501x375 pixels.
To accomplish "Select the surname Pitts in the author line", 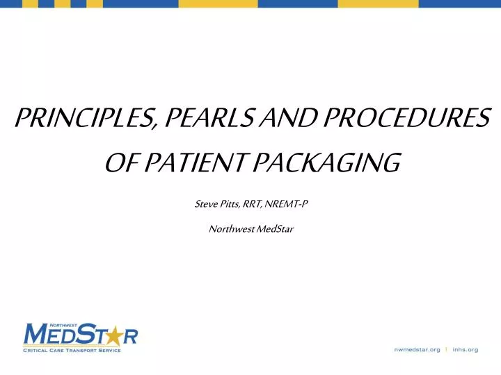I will pyautogui.click(x=229, y=203).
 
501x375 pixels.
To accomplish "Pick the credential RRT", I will pyautogui.click(x=251, y=203).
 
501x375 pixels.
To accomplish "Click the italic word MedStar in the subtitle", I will pyautogui.click(x=275, y=229).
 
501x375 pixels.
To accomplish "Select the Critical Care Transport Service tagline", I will pyautogui.click(x=72, y=350).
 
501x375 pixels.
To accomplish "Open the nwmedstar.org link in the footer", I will pyautogui.click(x=415, y=349).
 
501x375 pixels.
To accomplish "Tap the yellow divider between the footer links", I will pyautogui.click(x=446, y=349).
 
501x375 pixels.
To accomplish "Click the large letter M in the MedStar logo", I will pyautogui.click(x=37, y=336).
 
